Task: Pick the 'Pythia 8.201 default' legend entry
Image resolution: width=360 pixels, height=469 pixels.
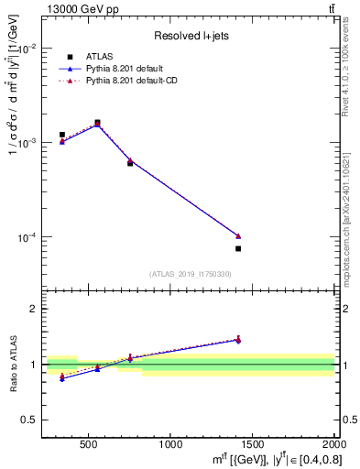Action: (130, 69)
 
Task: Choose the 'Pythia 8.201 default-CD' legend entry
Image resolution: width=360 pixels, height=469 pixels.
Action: (136, 81)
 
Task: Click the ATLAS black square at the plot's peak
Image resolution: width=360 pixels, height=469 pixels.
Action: (97, 122)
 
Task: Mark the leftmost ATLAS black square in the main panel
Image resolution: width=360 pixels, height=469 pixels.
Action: (62, 135)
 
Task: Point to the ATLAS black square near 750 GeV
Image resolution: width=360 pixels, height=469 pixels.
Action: (130, 163)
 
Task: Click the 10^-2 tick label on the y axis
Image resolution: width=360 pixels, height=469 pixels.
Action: (28, 49)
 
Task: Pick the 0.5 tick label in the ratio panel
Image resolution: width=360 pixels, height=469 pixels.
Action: (29, 420)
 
